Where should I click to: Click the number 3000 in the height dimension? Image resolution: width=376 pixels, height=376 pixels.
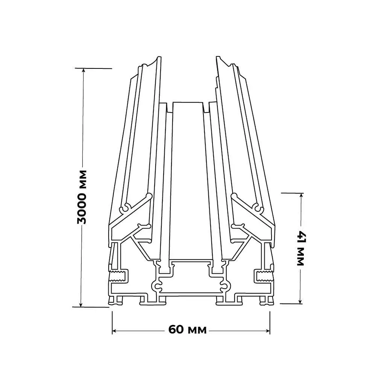[x=82, y=205]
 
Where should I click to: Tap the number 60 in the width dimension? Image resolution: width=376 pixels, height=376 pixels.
[x=176, y=329]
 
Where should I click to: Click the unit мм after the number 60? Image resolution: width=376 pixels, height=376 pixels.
[x=197, y=330]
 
